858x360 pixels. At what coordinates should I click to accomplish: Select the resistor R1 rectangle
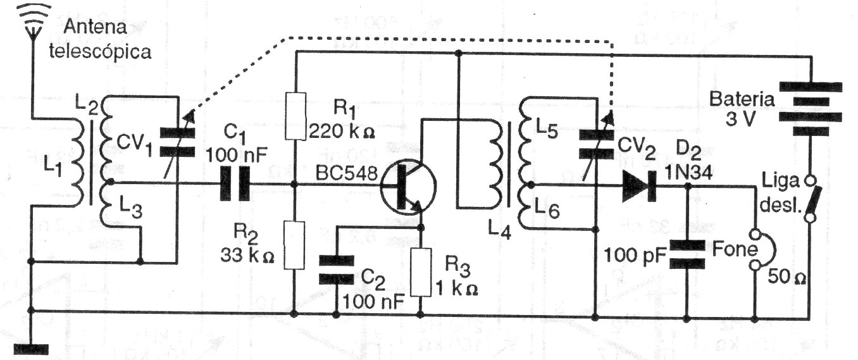[295, 116]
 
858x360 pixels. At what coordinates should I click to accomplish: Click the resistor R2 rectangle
[295, 244]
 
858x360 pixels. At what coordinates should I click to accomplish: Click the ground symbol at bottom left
[30, 347]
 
